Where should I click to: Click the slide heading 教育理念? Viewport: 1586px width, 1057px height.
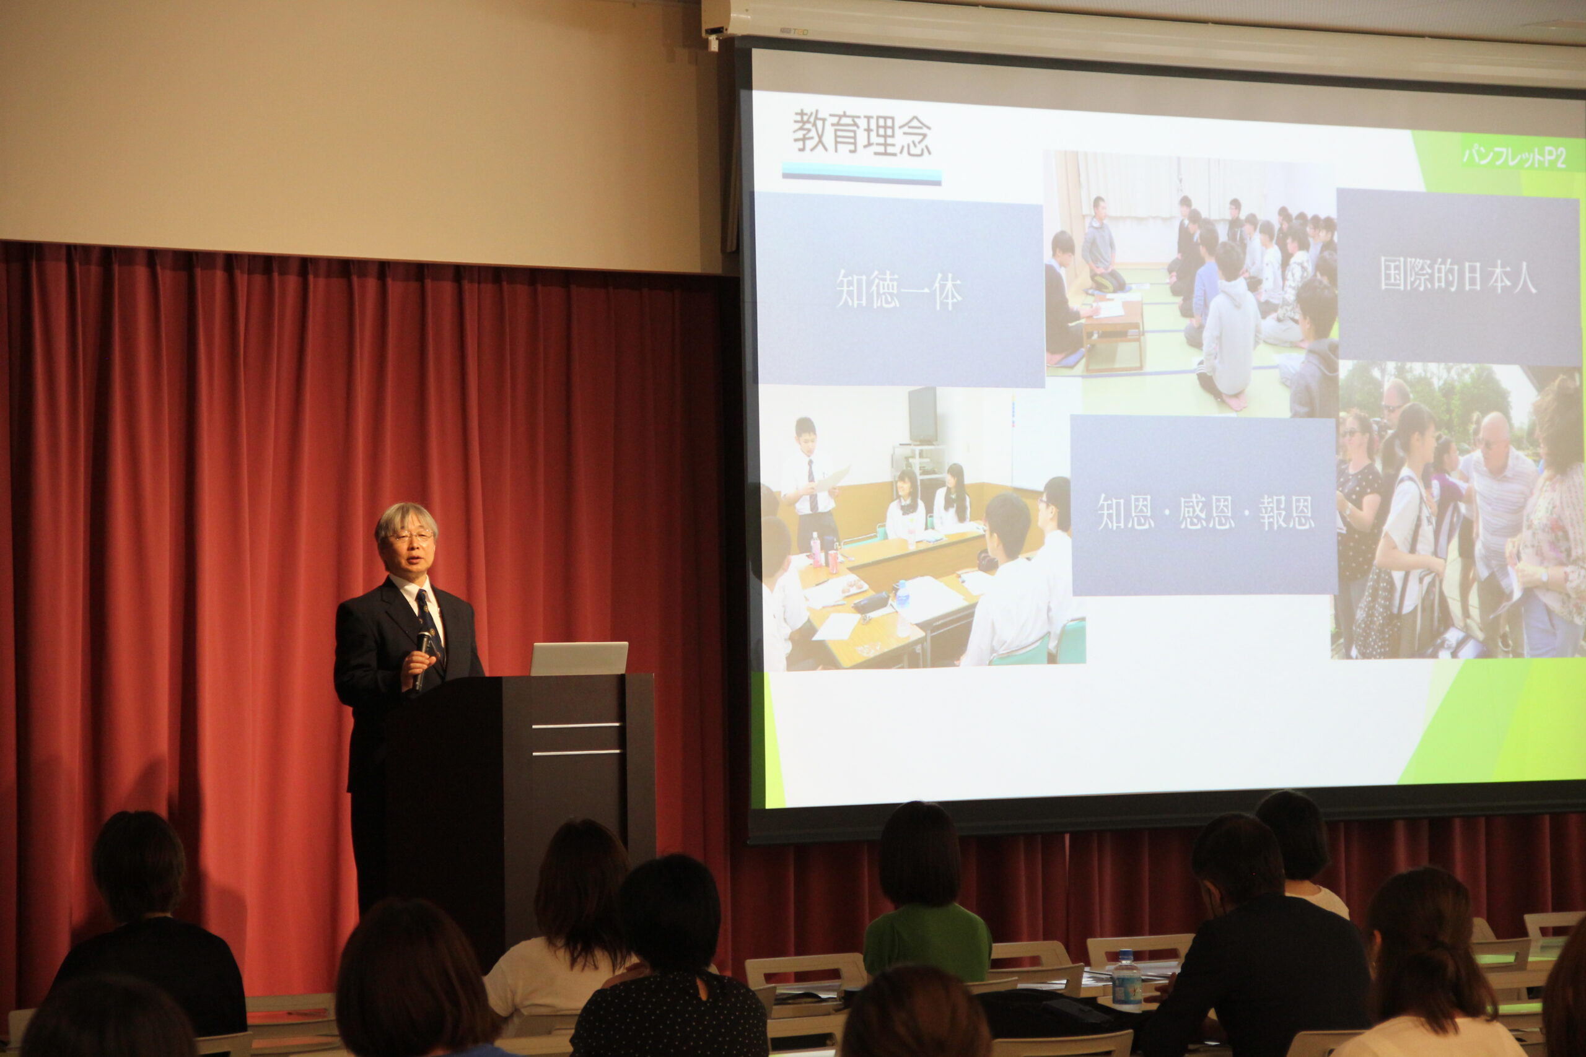[x=862, y=134]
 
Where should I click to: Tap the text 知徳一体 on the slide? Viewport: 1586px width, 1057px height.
[x=899, y=290]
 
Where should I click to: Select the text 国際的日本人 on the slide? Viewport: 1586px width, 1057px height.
[x=1458, y=274]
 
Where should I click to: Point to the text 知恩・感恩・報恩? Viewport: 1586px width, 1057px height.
[x=1206, y=511]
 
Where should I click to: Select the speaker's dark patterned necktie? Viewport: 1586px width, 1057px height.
[x=429, y=624]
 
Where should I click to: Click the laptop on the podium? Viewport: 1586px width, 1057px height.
[x=579, y=658]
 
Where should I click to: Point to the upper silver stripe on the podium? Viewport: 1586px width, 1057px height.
[x=577, y=725]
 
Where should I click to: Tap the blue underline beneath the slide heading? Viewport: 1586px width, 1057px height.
[x=861, y=173]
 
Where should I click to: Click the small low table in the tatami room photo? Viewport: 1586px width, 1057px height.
[x=1113, y=330]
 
